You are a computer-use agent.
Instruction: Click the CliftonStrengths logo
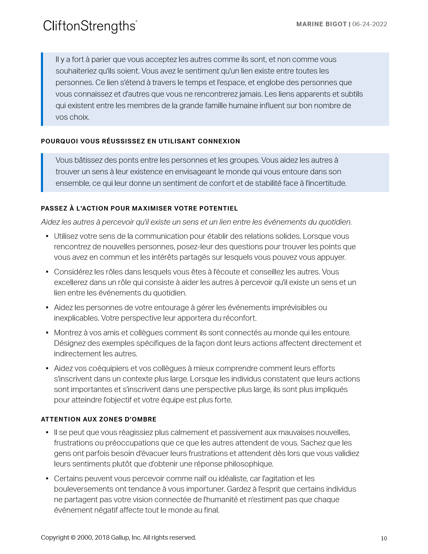90,26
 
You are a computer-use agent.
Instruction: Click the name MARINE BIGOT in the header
321,24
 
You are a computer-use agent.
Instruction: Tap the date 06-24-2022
370,24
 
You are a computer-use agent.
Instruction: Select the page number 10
384,538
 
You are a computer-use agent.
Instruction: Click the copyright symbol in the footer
73,538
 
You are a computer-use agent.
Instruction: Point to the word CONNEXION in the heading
219,141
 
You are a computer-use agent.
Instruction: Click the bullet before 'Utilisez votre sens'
47,236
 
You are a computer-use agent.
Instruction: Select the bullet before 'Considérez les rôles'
47,272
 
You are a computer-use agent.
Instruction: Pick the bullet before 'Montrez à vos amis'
47,333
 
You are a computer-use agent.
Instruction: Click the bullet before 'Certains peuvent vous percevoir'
47,479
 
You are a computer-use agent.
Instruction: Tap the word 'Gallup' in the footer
120,538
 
